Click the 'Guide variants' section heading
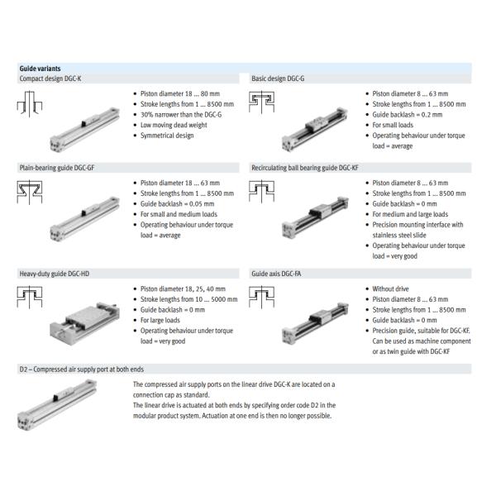pos(40,68)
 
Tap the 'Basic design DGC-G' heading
pos(278,78)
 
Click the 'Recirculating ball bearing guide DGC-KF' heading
pos(305,167)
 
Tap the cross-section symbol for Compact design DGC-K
pos(31,103)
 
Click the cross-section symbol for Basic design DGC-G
pos(262,103)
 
